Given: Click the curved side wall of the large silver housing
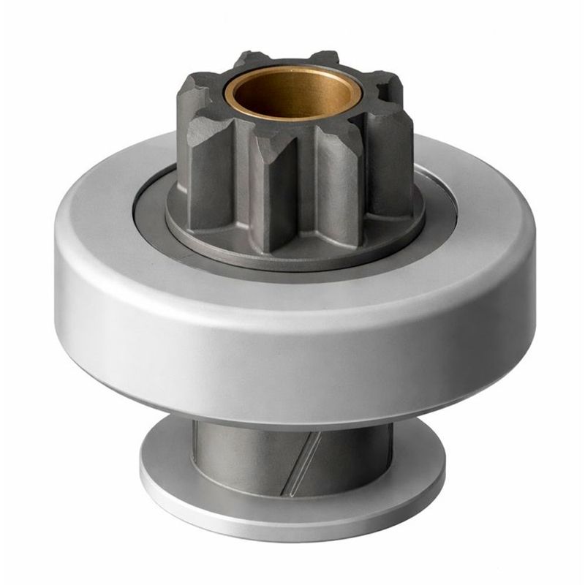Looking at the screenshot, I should (292, 351).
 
